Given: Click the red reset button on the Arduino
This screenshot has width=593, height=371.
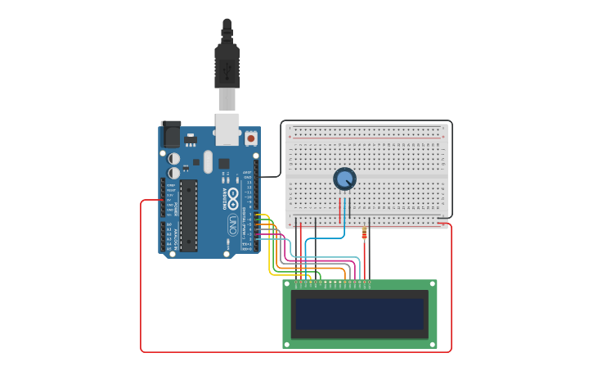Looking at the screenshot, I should tap(250, 139).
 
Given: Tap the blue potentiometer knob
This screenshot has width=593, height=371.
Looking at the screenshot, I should tap(345, 179).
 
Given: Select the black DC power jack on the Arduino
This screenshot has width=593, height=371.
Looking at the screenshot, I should tap(170, 133).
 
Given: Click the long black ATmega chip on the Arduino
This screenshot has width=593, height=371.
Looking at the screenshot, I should tap(189, 215).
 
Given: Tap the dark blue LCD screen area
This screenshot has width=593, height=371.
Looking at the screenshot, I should tap(360, 314).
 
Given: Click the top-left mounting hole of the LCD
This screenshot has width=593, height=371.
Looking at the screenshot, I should tap(287, 284).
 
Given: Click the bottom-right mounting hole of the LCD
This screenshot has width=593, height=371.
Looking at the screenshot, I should tap(433, 343).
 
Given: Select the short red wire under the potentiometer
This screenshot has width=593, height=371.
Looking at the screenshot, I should tap(339, 210).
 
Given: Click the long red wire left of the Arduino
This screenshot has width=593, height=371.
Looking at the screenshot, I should tap(141, 278).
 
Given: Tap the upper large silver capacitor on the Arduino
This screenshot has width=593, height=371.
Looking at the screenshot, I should tap(174, 159).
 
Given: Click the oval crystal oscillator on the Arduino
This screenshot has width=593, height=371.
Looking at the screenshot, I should tap(208, 161).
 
